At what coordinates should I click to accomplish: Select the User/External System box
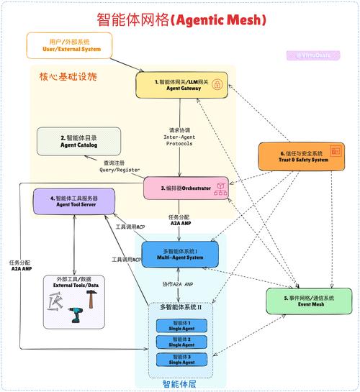pos(71,45)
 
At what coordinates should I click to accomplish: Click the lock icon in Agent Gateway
pos(216,84)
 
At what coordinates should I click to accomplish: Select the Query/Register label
pos(120,167)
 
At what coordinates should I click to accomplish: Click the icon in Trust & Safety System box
pos(335,152)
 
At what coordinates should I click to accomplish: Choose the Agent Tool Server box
pos(73,201)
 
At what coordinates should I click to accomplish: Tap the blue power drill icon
pos(74,314)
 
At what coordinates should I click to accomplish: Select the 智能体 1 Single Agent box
pos(178,325)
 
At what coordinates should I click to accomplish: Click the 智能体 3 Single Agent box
pos(178,357)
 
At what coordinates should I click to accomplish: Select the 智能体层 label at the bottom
pos(179,384)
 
